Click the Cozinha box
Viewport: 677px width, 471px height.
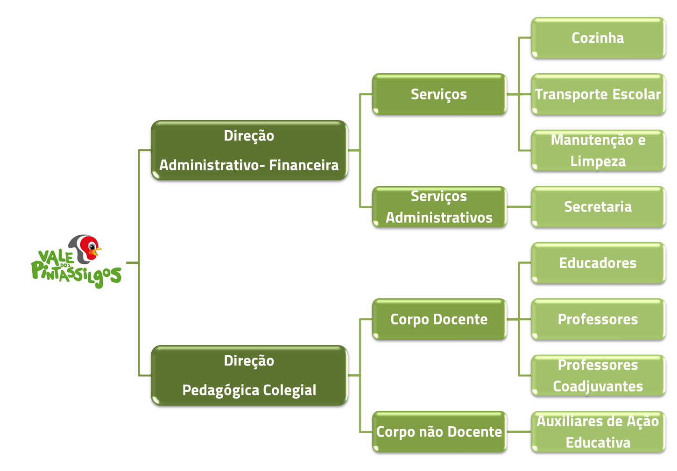pyautogui.click(x=598, y=38)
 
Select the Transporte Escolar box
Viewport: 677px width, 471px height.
pyautogui.click(x=598, y=94)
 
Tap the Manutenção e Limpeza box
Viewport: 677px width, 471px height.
pyautogui.click(x=598, y=150)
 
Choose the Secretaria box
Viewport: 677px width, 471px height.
pyautogui.click(x=598, y=207)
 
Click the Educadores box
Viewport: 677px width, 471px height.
pyautogui.click(x=598, y=263)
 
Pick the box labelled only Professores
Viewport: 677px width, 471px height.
pyautogui.click(x=598, y=319)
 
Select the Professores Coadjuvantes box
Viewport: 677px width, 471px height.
pyautogui.click(x=598, y=375)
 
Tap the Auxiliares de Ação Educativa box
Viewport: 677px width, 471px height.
pyautogui.click(x=598, y=432)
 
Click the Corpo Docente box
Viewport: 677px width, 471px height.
pyautogui.click(x=439, y=319)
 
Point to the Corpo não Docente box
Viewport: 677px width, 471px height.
pyautogui.click(x=439, y=432)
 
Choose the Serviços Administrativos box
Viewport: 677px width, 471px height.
pyautogui.click(x=439, y=207)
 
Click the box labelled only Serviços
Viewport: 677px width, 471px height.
pyautogui.click(x=439, y=94)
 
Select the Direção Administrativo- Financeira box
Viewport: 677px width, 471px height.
pyautogui.click(x=249, y=150)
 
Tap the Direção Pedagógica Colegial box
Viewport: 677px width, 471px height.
pyautogui.click(x=249, y=375)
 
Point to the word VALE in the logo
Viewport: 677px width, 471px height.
pyautogui.click(x=55, y=257)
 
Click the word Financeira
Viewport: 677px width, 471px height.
pyautogui.click(x=304, y=165)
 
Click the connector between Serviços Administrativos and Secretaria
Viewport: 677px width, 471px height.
pyautogui.click(x=519, y=207)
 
